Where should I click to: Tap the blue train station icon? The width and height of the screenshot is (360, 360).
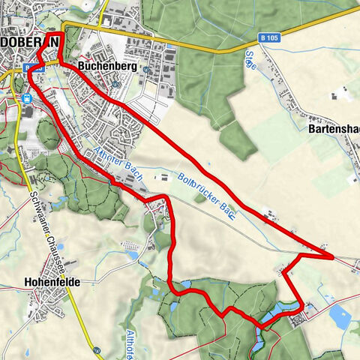[x=28, y=97]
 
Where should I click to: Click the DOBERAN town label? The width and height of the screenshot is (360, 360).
[x=30, y=43]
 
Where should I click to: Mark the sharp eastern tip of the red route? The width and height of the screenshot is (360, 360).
[x=332, y=256]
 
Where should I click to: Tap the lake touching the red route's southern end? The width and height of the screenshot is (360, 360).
[x=274, y=311]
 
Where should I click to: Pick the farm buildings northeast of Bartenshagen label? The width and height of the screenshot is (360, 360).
[x=342, y=96]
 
